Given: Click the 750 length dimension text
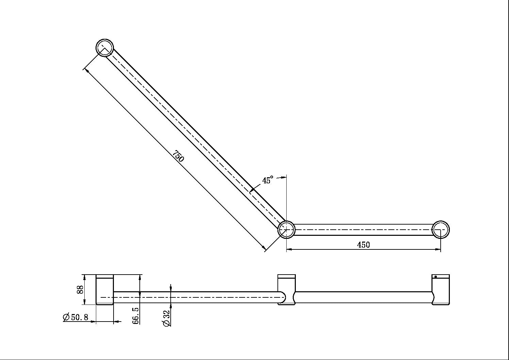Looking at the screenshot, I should click(x=178, y=156).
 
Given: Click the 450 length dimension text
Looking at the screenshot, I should click(x=363, y=245).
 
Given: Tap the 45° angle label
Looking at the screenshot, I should click(x=268, y=180).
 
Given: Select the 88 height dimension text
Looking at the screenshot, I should click(x=80, y=290).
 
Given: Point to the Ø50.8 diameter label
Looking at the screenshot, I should click(x=76, y=317).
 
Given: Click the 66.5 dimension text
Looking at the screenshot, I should click(x=136, y=315).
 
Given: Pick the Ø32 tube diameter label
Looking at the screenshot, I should click(x=167, y=318).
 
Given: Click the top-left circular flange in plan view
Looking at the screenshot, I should click(x=105, y=48).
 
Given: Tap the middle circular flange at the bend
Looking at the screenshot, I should click(x=286, y=229).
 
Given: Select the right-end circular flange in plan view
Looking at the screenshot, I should click(x=441, y=229).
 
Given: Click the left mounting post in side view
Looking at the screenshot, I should click(x=105, y=290).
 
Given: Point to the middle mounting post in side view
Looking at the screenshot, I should click(x=286, y=290).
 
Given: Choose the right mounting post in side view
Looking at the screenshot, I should click(x=441, y=290).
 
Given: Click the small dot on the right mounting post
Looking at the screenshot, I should click(x=436, y=277).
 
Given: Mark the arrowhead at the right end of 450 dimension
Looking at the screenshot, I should click(x=438, y=249).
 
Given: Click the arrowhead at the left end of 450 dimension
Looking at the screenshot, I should click(x=289, y=249).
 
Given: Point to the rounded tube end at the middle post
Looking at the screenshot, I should click(x=282, y=297).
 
